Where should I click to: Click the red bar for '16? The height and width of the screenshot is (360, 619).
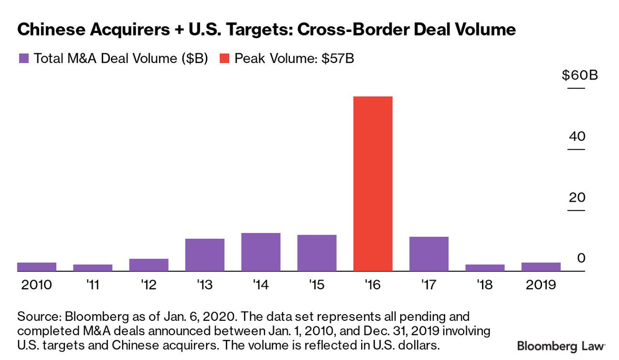(x=373, y=184)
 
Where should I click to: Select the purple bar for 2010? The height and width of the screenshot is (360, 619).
(x=37, y=267)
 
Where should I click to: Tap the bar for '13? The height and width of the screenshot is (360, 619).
(x=205, y=255)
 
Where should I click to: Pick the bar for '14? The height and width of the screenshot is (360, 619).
(x=261, y=252)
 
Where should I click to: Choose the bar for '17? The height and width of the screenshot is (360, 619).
(x=429, y=254)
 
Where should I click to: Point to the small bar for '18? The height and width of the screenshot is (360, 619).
(x=485, y=268)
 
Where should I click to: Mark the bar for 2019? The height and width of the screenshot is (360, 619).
(x=541, y=267)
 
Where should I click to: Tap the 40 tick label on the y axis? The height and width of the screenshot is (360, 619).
(x=576, y=136)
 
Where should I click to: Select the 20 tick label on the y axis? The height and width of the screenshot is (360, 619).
(x=576, y=197)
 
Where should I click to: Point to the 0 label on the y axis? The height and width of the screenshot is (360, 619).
(x=581, y=258)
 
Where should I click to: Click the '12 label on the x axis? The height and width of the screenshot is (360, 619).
(x=149, y=285)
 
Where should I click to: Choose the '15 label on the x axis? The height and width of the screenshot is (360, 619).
(x=317, y=285)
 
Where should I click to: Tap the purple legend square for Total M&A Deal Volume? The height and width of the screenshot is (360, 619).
(x=24, y=58)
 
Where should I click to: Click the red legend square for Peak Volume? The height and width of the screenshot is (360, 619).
(x=225, y=58)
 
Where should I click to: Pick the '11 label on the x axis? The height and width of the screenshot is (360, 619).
(x=93, y=285)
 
